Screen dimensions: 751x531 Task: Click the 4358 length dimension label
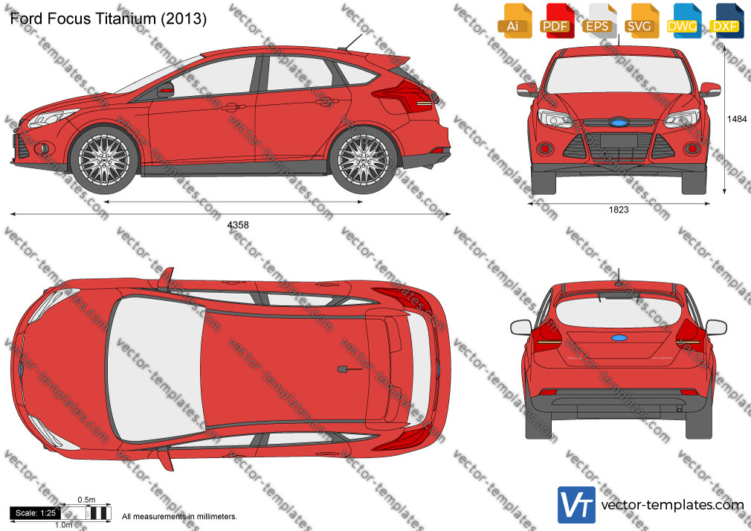237,225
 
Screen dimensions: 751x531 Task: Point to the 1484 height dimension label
737,119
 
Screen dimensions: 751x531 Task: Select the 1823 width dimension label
619,210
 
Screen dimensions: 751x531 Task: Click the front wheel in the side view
104,160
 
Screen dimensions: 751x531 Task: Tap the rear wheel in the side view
363,160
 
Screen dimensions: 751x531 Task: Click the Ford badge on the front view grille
619,122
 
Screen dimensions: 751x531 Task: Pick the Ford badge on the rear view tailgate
619,338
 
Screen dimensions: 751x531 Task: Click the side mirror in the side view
165,90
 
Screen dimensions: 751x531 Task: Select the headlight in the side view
52,118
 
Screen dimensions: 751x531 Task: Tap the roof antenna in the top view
349,369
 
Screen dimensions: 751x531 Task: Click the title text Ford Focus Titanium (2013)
109,18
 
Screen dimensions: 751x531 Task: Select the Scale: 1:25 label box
36,513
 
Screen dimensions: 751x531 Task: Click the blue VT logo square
576,505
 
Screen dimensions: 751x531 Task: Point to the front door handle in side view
233,106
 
